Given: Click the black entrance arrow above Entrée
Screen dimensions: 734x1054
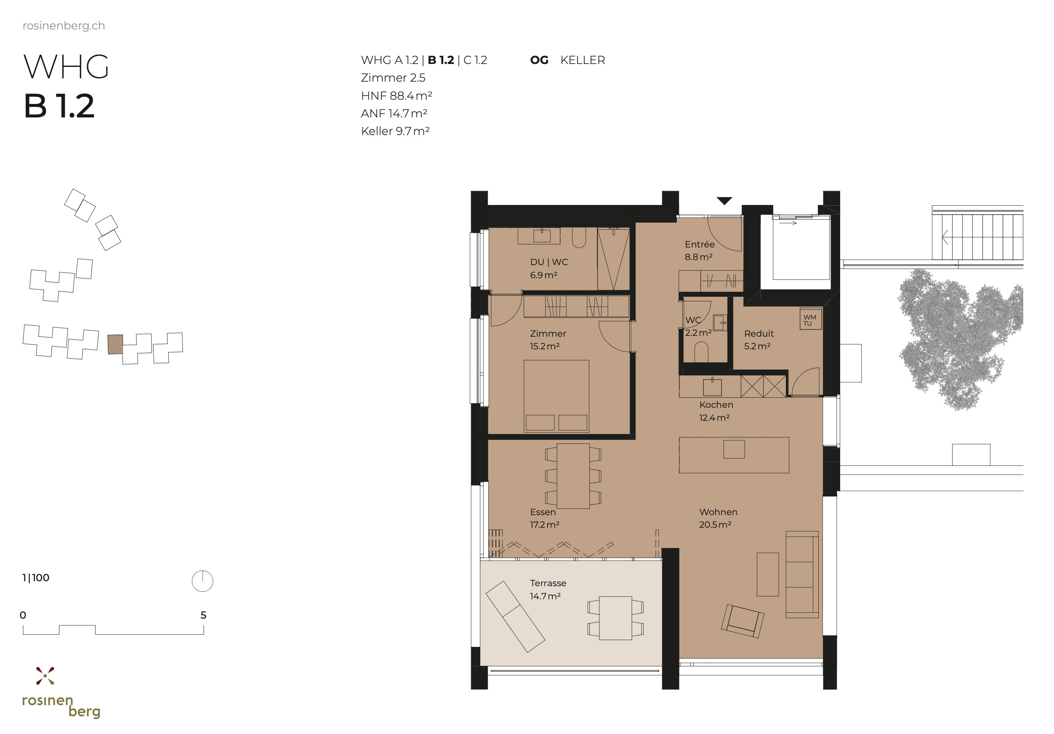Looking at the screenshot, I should coord(724,201).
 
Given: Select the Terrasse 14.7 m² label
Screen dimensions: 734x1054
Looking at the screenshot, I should coord(547,589).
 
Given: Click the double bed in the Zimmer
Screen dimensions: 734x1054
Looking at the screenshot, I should coord(556,396).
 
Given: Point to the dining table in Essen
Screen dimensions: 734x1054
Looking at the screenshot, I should coord(573,476).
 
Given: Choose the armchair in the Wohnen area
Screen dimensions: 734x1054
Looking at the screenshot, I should coord(742,621).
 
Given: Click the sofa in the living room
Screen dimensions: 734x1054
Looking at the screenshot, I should coord(801,574).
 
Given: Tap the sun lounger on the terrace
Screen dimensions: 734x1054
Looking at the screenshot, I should coord(515,617).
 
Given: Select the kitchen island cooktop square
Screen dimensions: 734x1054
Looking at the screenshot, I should coord(734,449).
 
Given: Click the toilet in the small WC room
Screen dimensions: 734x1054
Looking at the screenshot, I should coord(701,353).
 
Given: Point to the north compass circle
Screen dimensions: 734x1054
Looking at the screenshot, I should coord(202,581).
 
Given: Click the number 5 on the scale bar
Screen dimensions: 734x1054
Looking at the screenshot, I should coord(203,615).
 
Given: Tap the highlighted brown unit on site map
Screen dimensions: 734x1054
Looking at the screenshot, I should coord(115,344).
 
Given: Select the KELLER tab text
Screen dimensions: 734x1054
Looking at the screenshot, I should coord(583,60).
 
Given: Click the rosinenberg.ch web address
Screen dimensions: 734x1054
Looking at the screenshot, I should coord(64,26).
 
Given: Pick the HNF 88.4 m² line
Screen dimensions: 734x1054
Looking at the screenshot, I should coord(396,96).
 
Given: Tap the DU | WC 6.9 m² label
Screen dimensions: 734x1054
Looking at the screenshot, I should coord(548,268).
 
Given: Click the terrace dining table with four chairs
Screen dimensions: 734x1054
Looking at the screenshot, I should coord(615,618).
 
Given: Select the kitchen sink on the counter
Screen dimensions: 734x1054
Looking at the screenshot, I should coord(712,387).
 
